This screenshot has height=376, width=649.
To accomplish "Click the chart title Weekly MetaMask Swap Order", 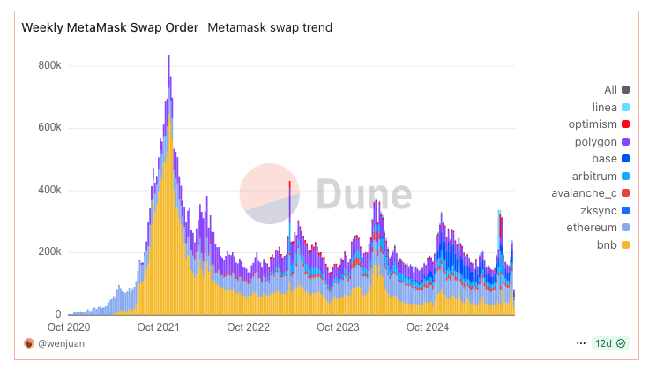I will click(110, 27).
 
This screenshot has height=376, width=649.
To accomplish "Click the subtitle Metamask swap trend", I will click(270, 27).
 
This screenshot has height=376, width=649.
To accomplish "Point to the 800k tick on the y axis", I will click(48, 65).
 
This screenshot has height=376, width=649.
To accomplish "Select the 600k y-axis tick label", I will click(48, 128).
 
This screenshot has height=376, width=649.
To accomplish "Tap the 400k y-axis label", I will click(48, 190).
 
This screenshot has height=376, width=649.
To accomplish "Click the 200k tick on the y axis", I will click(48, 252).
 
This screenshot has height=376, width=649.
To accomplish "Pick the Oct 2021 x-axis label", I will click(159, 327).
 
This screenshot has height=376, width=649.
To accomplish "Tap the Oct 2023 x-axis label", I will click(339, 327).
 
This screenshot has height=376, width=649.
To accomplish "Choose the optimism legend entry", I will click(599, 124).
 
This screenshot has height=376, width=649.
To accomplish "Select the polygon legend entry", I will click(603, 141).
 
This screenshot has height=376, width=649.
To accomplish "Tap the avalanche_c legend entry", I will click(594, 192).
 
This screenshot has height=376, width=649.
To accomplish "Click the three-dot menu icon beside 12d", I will click(580, 342).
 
